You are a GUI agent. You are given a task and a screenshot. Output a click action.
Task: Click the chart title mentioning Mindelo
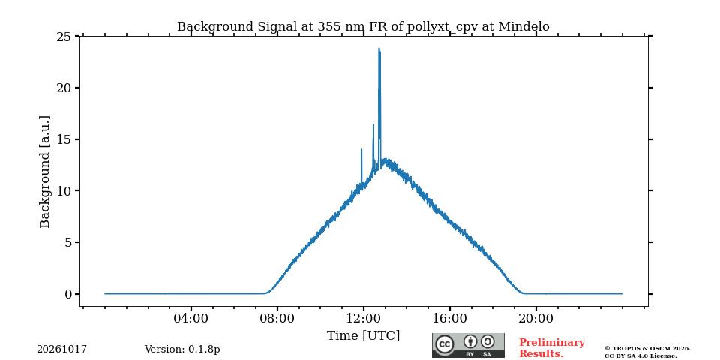363,27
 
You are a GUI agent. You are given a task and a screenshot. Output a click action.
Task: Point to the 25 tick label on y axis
64,37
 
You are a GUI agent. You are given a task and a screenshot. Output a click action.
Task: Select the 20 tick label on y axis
64,88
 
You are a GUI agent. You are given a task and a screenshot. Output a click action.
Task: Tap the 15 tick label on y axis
64,139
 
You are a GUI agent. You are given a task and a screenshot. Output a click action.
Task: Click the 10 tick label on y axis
64,191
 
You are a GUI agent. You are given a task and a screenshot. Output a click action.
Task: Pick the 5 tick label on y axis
68,242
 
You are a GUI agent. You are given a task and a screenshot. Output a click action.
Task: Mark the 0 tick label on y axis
68,294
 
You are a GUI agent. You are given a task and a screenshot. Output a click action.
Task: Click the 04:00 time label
191,318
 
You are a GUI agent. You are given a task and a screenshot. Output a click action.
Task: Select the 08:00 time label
277,318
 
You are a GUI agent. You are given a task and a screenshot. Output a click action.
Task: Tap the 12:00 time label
363,318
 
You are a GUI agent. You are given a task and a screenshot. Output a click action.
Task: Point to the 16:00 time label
449,318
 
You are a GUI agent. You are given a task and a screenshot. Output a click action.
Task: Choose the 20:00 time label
535,318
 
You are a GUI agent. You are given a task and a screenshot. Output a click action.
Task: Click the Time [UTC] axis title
363,336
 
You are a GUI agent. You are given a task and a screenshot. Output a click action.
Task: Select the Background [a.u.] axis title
44,171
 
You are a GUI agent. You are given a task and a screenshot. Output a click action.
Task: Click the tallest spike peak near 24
379,48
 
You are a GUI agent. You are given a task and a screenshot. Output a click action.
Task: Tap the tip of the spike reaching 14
361,149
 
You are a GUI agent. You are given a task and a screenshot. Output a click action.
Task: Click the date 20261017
62,349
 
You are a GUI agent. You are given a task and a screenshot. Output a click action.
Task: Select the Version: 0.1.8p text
182,349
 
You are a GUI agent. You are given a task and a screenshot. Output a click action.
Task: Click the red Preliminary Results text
552,348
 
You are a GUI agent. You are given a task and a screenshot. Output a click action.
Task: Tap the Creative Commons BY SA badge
468,345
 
